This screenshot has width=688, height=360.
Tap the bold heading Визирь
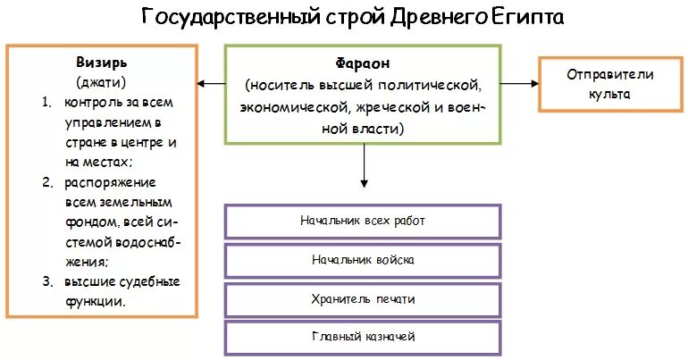pyautogui.click(x=102, y=63)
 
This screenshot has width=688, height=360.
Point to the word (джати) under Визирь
pyautogui.click(x=102, y=82)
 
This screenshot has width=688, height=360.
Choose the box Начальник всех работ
pyautogui.click(x=362, y=221)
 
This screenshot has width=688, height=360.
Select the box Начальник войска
pyautogui.click(x=362, y=260)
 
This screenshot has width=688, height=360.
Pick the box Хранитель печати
pyautogui.click(x=362, y=299)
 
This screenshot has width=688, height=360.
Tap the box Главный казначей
pyautogui.click(x=362, y=338)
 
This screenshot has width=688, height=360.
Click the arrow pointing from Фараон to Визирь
pyautogui.click(x=211, y=84)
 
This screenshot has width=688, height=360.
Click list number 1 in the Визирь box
pyautogui.click(x=46, y=103)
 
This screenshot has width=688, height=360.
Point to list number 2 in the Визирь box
pyautogui.click(x=46, y=183)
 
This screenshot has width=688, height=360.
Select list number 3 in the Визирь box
pyautogui.click(x=46, y=282)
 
